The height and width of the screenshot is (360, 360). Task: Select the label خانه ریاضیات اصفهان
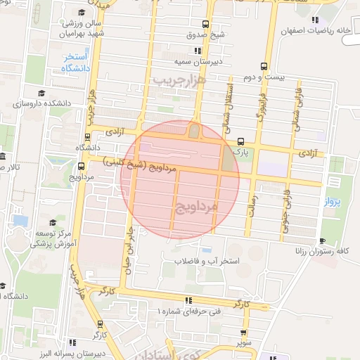click(315, 31)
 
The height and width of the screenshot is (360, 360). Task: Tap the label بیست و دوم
click(266, 76)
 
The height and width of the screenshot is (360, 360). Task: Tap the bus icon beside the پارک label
click(241, 141)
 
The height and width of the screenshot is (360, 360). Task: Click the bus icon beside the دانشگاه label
click(87, 137)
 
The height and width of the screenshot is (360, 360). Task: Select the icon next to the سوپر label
click(243, 333)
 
